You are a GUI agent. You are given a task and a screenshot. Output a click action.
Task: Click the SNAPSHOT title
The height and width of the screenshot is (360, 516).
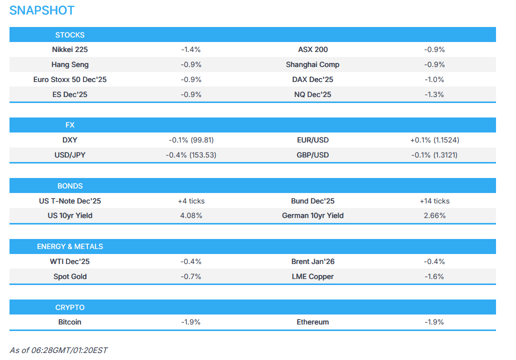pyautogui.click(x=42, y=10)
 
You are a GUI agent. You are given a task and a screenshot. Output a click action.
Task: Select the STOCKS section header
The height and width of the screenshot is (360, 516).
pyautogui.click(x=70, y=35)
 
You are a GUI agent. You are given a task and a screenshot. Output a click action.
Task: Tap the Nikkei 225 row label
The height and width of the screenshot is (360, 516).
pyautogui.click(x=70, y=49)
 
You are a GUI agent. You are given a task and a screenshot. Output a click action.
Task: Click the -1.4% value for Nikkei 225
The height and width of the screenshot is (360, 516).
pyautogui.click(x=191, y=49)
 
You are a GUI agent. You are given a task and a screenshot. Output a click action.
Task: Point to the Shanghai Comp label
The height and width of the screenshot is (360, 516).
pyautogui.click(x=313, y=64)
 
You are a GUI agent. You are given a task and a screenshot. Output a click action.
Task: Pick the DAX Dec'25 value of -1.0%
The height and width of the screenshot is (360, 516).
pyautogui.click(x=434, y=79)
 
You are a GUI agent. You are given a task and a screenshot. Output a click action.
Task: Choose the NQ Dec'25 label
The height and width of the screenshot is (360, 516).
pyautogui.click(x=313, y=94)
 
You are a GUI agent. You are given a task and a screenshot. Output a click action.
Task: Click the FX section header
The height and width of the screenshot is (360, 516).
pyautogui.click(x=70, y=125)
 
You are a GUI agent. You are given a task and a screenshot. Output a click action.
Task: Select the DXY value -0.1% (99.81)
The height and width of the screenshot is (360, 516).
pyautogui.click(x=191, y=140)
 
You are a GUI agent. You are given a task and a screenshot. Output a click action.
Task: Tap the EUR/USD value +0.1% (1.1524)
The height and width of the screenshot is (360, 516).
pyautogui.click(x=434, y=140)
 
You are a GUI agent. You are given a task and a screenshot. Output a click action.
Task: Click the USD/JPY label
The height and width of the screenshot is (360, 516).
pyautogui.click(x=70, y=155)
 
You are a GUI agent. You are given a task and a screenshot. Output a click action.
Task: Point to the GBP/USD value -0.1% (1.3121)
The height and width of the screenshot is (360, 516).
pyautogui.click(x=434, y=155)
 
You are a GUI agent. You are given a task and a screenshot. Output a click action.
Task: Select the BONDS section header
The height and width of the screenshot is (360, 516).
pyautogui.click(x=70, y=186)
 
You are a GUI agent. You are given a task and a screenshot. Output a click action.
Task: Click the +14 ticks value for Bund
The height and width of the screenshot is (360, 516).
pyautogui.click(x=434, y=201)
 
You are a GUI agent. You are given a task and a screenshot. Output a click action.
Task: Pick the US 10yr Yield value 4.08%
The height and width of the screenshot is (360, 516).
pyautogui.click(x=191, y=215)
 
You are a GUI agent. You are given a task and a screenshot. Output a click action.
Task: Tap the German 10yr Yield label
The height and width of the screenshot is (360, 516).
pyautogui.click(x=313, y=215)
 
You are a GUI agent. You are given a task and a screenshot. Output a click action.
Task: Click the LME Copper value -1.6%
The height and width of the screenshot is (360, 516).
pyautogui.click(x=434, y=276)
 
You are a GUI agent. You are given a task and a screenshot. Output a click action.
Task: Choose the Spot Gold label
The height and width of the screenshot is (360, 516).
pyautogui.click(x=70, y=276)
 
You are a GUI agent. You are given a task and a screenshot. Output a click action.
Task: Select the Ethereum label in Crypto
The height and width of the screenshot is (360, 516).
pyautogui.click(x=313, y=322)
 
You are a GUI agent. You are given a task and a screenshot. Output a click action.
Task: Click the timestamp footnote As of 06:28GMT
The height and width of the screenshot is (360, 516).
pyautogui.click(x=58, y=350)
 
